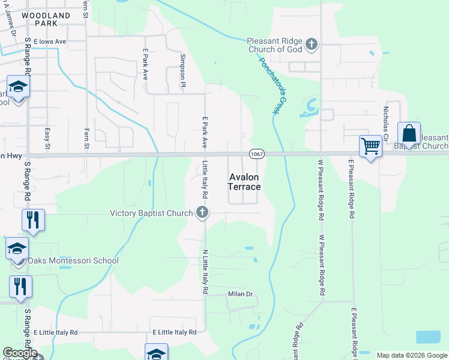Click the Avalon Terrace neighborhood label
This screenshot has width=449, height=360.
pyautogui.click(x=244, y=182)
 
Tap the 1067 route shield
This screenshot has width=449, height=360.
pyautogui.click(x=256, y=154)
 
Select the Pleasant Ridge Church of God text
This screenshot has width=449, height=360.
pyautogui.click(x=274, y=45)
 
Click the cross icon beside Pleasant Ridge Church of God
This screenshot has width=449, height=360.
pyautogui.click(x=311, y=44)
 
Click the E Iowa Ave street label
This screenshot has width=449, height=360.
pyautogui.click(x=50, y=41)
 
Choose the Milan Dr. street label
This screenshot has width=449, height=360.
pyautogui.click(x=241, y=294)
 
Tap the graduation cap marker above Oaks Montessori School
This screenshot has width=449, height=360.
pyautogui.click(x=17, y=247)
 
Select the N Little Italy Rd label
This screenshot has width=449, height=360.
pyautogui.click(x=205, y=271)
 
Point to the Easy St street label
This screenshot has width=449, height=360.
pyautogui.click(x=47, y=137)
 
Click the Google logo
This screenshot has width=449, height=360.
pyautogui.click(x=19, y=353)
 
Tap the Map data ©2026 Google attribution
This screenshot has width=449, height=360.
pyautogui.click(x=412, y=355)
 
